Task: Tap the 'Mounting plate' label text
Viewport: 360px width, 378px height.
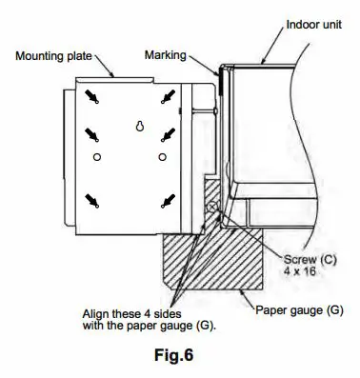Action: [53, 54]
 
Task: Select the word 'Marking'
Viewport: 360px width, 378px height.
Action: [167, 54]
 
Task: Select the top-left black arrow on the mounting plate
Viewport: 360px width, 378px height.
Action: [92, 96]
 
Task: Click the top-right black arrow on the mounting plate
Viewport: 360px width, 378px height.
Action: [169, 96]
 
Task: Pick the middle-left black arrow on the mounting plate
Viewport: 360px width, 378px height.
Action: [92, 134]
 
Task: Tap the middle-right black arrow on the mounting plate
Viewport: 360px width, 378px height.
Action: [169, 134]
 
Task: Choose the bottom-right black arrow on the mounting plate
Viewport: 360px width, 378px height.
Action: [169, 198]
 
